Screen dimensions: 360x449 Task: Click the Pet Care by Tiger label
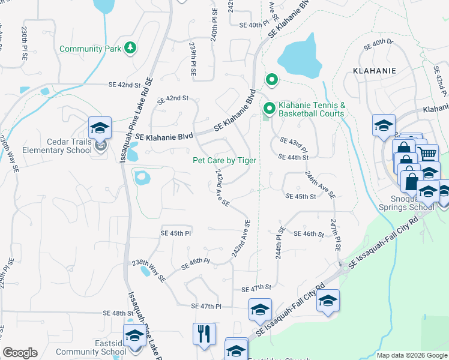pos(224,160)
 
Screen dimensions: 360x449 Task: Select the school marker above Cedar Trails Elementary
pos(100,128)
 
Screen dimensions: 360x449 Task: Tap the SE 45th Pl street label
pos(175,233)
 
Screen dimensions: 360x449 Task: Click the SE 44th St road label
pos(294,157)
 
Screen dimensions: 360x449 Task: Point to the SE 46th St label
pos(309,233)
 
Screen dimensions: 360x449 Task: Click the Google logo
pos(20,353)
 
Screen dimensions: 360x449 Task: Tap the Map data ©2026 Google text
pos(412,355)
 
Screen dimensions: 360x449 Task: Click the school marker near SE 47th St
pos(260,310)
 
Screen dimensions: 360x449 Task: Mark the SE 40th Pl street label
pos(251,25)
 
